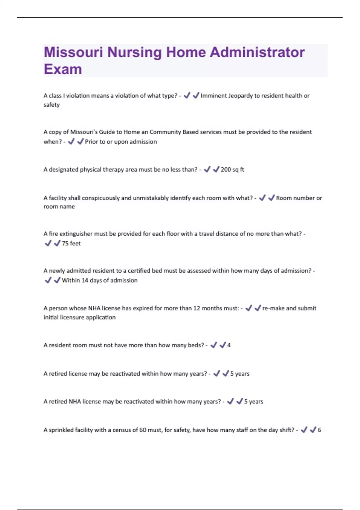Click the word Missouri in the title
pos(73,52)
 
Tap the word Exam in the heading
pos(63,69)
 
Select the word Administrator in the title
pos(257,52)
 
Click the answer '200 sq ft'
pos(232,169)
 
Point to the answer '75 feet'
pos(71,243)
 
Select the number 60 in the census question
pos(143,430)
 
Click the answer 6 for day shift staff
pos(319,430)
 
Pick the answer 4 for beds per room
pos(229,345)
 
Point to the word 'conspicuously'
pos(101,198)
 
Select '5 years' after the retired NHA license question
pos(253,402)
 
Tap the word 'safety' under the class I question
pos(52,105)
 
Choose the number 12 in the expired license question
pos(196,308)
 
